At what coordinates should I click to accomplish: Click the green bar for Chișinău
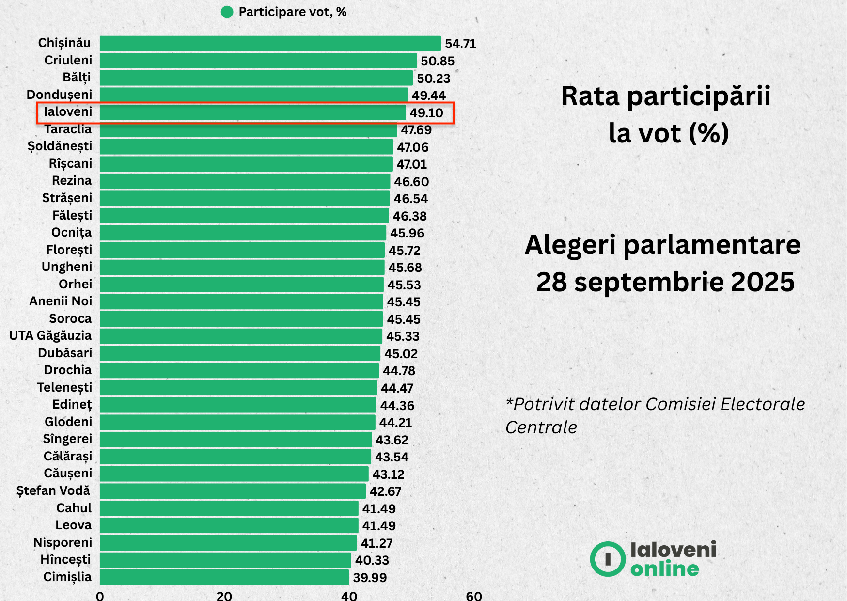[x=270, y=43]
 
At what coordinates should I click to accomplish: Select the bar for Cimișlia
[x=224, y=577]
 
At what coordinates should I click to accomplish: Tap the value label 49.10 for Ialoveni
[x=426, y=113]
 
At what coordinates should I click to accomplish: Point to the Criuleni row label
[x=68, y=60]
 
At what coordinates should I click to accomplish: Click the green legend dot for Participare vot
[x=227, y=12]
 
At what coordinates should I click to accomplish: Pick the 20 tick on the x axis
[x=224, y=596]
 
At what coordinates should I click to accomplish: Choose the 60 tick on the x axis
[x=474, y=596]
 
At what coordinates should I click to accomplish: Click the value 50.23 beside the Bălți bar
[x=434, y=79]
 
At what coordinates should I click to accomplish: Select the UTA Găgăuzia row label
[x=50, y=335]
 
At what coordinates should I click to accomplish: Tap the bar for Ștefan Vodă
[x=233, y=491]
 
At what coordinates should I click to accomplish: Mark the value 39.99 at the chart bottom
[x=370, y=578]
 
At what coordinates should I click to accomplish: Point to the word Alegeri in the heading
[x=570, y=245]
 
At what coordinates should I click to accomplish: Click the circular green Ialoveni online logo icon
[x=608, y=559]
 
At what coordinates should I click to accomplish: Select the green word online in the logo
[x=665, y=569]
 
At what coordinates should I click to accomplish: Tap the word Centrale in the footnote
[x=541, y=427]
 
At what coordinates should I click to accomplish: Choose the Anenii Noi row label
[x=61, y=301]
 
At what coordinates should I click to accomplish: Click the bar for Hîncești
[x=225, y=560]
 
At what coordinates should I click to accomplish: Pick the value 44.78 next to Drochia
[x=399, y=371]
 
